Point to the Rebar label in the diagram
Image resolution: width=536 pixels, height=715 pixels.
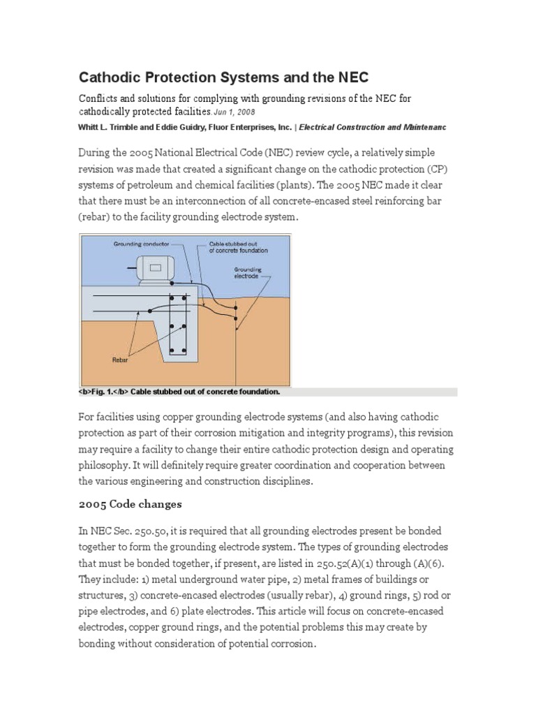120,361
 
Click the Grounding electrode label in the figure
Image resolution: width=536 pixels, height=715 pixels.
248,272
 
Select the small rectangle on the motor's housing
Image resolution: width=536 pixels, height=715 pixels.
156,267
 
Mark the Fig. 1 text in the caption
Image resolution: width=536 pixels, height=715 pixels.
100,392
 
